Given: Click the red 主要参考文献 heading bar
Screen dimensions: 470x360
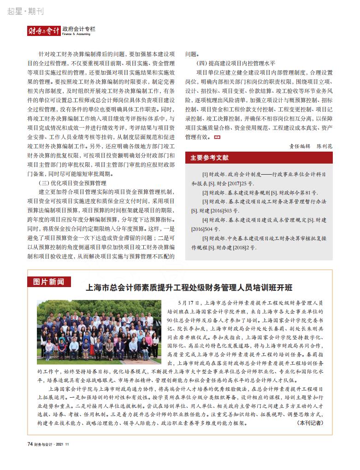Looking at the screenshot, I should coord(259,158).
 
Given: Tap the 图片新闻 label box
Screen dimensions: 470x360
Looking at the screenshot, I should coord(48,282).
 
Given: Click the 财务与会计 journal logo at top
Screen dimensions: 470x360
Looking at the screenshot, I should coord(43,31).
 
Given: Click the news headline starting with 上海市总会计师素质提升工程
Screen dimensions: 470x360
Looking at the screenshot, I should coord(189,288).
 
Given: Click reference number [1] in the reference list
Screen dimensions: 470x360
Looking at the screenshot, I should coord(205,175).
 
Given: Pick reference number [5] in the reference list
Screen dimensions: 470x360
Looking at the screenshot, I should coord(205,239).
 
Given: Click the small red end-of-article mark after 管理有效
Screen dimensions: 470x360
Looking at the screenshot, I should coord(218,137).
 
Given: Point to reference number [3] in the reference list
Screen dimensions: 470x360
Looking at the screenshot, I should coord(205,202).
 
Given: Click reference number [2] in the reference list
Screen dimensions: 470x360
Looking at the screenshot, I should coord(205,193).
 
